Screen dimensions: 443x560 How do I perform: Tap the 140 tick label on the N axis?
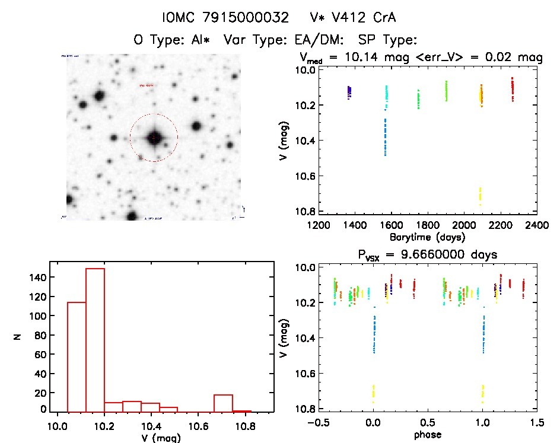37,277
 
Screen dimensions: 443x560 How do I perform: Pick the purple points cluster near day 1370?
349,92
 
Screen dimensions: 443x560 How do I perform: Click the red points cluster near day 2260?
512,89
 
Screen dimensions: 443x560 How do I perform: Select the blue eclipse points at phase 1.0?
483,335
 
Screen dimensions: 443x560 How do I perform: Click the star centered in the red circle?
154,138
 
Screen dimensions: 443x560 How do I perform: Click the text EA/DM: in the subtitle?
324,40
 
